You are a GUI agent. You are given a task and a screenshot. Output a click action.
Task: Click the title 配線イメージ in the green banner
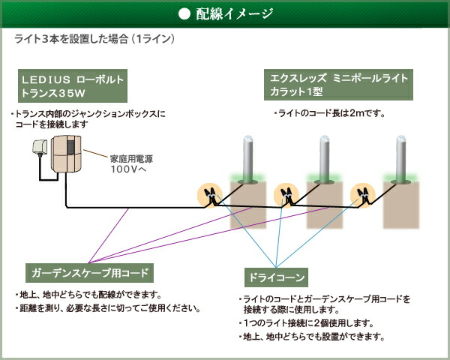tap(234, 13)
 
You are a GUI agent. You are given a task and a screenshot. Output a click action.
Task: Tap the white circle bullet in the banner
tap(184, 13)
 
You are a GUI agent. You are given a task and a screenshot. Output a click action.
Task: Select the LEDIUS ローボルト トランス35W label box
tap(73, 85)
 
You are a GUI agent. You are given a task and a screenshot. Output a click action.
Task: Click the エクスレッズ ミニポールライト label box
tap(338, 85)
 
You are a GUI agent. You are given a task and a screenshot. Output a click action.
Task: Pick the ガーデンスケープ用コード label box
tap(89, 273)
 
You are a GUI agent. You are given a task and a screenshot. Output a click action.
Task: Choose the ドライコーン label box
tap(276, 277)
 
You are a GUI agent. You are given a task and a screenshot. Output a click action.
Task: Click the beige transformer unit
tap(66, 154)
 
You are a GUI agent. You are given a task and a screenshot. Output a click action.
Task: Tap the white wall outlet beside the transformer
tap(39, 147)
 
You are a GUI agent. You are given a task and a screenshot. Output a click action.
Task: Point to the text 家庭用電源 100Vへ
tap(131, 164)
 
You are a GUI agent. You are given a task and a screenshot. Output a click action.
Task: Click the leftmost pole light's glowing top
tap(248, 139)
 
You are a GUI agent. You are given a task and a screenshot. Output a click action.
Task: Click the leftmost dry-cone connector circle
tap(210, 195)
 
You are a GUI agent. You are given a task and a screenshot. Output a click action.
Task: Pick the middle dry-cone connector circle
tap(286, 195)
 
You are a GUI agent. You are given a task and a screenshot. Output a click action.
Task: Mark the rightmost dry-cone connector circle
tap(363, 195)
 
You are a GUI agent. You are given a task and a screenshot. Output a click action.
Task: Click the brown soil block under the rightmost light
tap(401, 205)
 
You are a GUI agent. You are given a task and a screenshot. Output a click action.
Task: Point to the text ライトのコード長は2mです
tap(329, 113)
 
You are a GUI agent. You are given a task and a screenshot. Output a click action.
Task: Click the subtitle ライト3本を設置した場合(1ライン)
tap(94, 39)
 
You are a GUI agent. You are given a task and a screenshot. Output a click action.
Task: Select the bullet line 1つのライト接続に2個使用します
tap(306, 323)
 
